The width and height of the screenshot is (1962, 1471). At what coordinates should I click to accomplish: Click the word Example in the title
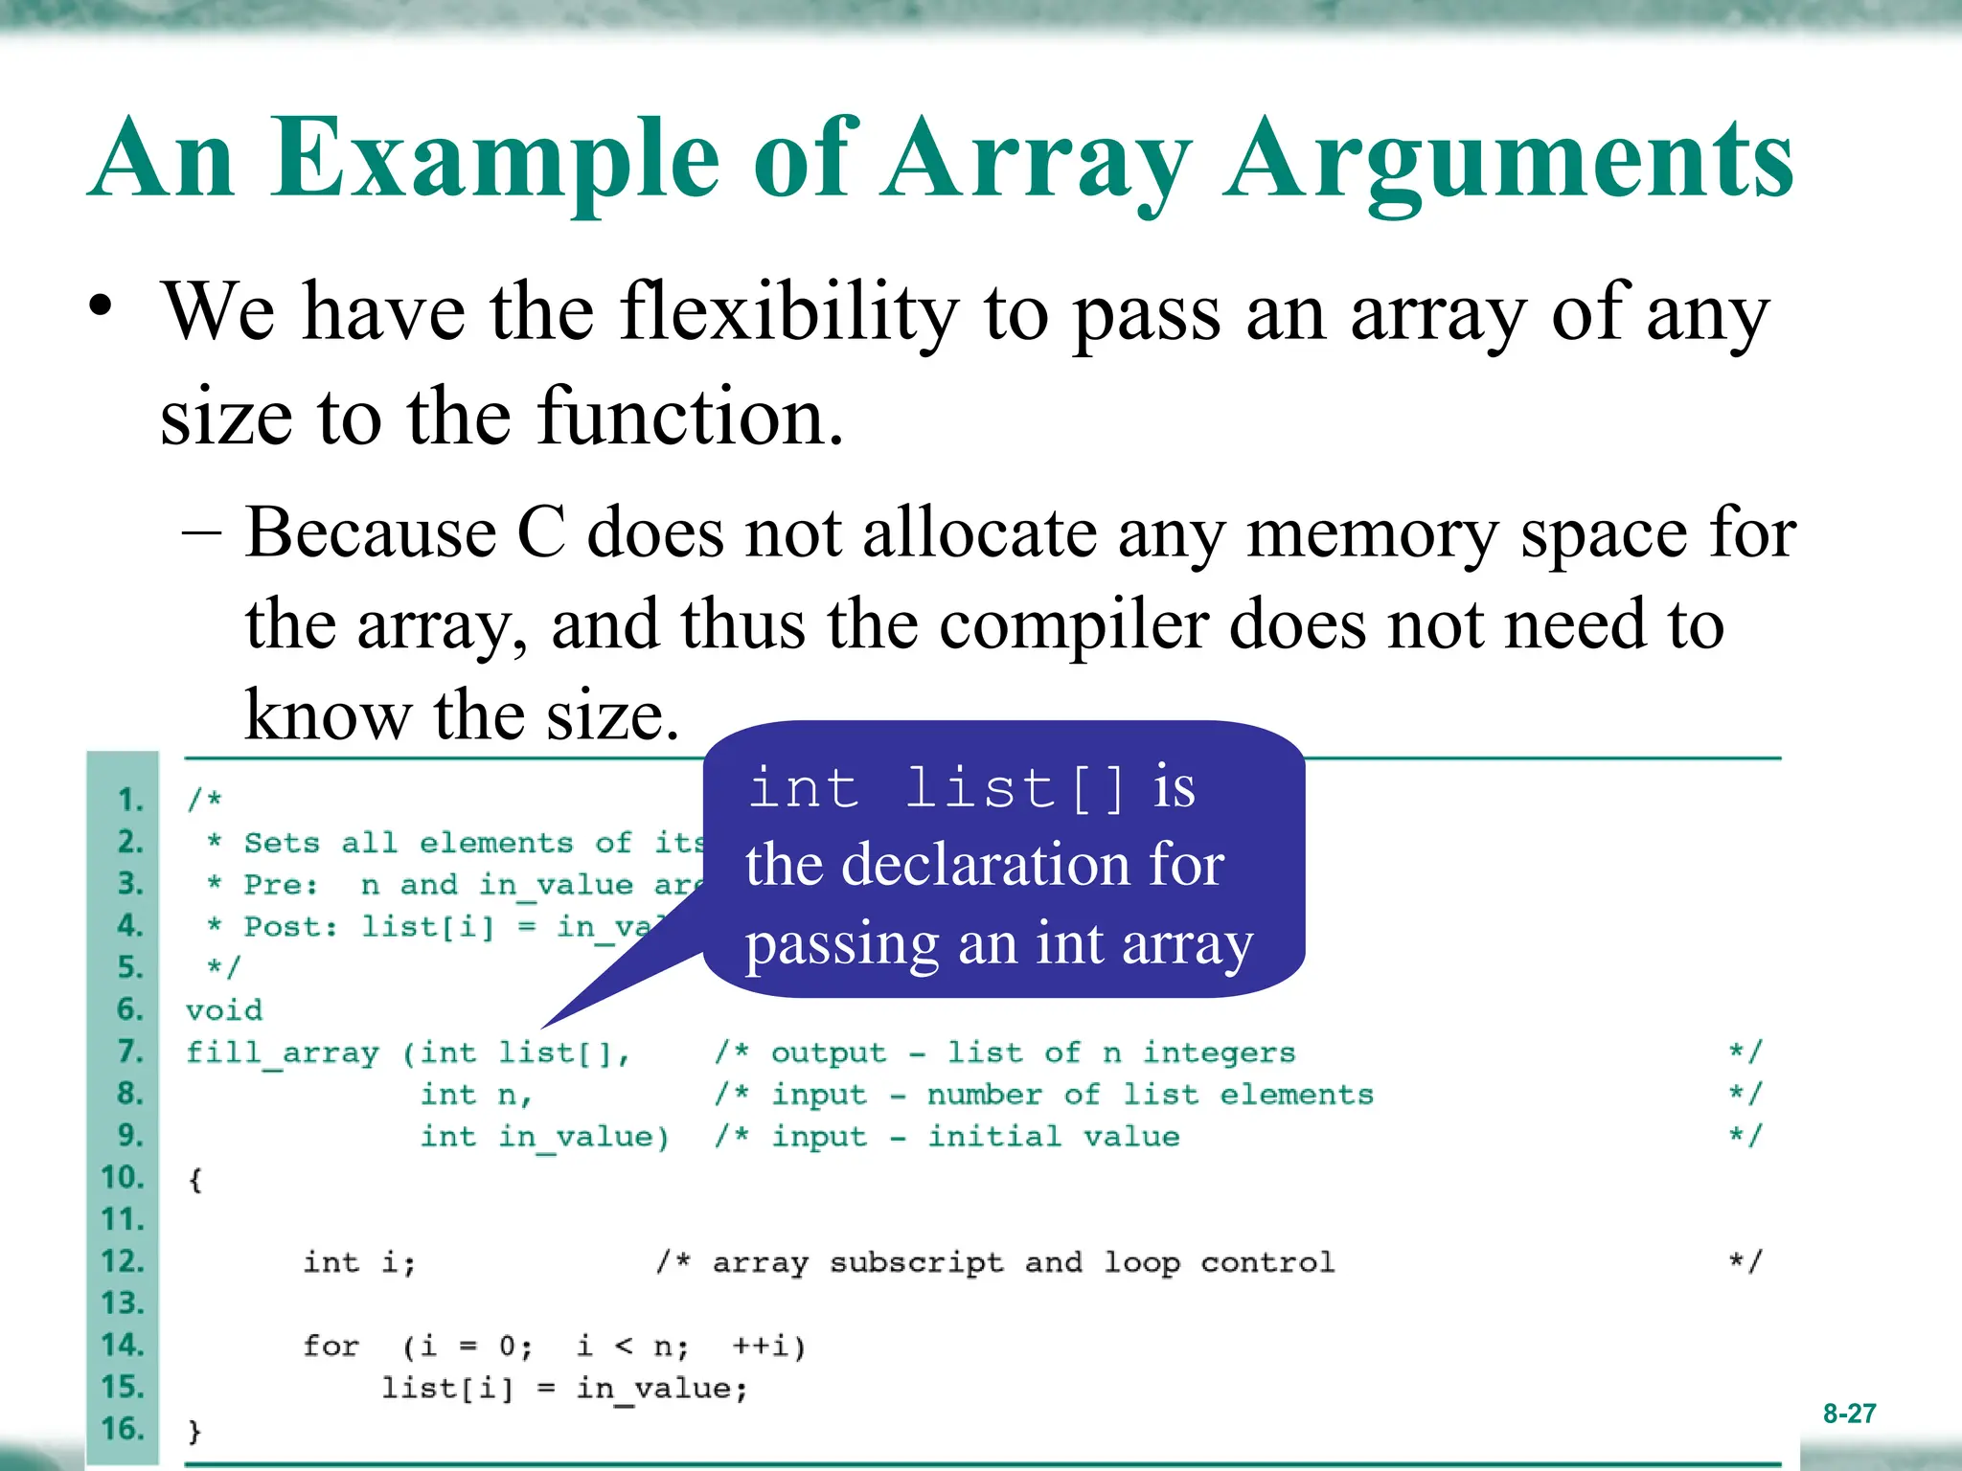coord(494,158)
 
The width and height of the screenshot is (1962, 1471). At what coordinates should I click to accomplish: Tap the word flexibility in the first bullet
coord(788,313)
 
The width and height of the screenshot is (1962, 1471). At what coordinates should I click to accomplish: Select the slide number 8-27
coord(1849,1414)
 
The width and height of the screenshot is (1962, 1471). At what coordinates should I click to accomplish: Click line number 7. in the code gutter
coord(130,1052)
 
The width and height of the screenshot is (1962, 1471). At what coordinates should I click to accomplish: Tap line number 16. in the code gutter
coord(123,1429)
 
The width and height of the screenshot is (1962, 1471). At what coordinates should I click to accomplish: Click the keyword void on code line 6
coord(224,1010)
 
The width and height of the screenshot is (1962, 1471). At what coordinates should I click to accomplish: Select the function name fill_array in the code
coord(283,1053)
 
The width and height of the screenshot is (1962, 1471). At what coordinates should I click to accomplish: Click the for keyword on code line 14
coord(331,1347)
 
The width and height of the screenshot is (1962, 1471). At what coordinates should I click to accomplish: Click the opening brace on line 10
coord(195,1180)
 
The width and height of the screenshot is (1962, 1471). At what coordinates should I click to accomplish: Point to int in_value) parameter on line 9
coord(543,1138)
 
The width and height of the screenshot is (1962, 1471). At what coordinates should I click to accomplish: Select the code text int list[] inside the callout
coord(937,789)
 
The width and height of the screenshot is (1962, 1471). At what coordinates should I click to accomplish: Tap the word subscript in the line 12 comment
coord(916,1263)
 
